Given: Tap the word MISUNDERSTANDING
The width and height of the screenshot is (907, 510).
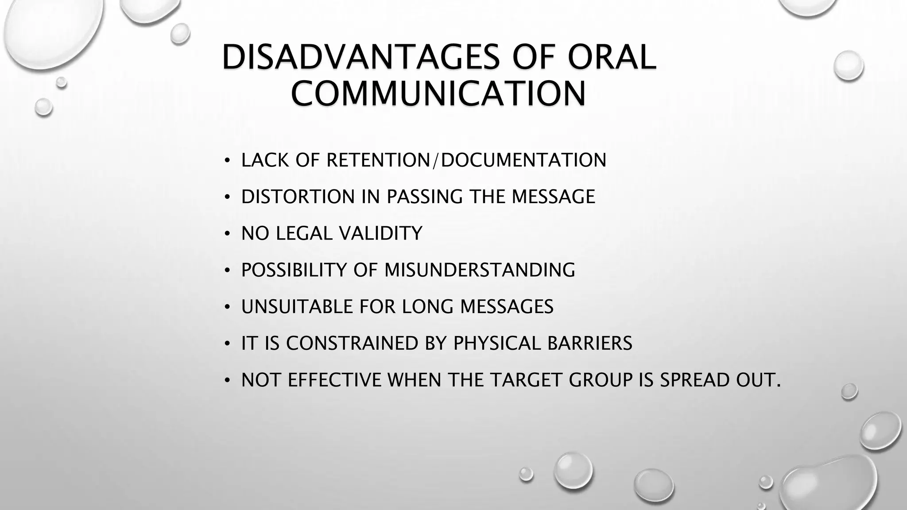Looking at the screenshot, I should coord(480,270).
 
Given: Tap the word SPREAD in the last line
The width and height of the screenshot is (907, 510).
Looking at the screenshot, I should coord(695,380).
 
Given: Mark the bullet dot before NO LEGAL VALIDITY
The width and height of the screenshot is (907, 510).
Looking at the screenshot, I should coord(227,233).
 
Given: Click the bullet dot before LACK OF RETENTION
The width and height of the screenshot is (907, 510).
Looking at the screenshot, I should coord(227,160).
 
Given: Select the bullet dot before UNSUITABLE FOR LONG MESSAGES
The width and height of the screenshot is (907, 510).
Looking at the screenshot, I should coord(227,307).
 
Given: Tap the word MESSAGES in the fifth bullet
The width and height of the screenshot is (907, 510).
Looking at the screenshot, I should coord(507,306).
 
